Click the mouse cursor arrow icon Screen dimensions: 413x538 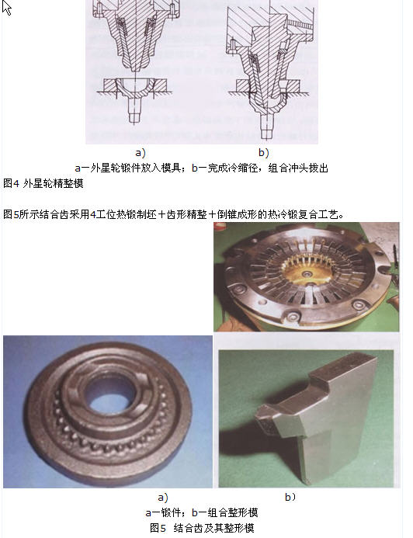(6, 8)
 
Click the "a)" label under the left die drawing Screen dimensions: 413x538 (141, 152)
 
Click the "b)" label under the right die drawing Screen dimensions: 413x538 (263, 152)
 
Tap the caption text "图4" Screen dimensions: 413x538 (11, 183)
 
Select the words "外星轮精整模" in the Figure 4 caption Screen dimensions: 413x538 (53, 183)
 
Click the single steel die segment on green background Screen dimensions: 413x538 (315, 416)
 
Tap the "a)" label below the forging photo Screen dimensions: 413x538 (163, 497)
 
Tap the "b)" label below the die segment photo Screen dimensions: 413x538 (290, 497)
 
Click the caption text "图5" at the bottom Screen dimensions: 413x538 (158, 528)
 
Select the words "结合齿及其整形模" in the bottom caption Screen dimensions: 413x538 (213, 528)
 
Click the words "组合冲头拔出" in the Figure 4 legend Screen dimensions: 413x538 (298, 168)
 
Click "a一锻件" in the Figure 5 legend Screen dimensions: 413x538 (163, 512)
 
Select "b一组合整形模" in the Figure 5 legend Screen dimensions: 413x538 (224, 512)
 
